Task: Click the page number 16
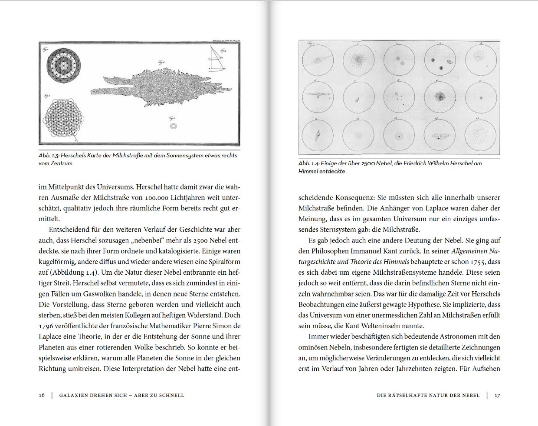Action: pyautogui.click(x=42, y=395)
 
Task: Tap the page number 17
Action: pyautogui.click(x=497, y=395)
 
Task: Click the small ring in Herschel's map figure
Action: pyautogui.click(x=174, y=126)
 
